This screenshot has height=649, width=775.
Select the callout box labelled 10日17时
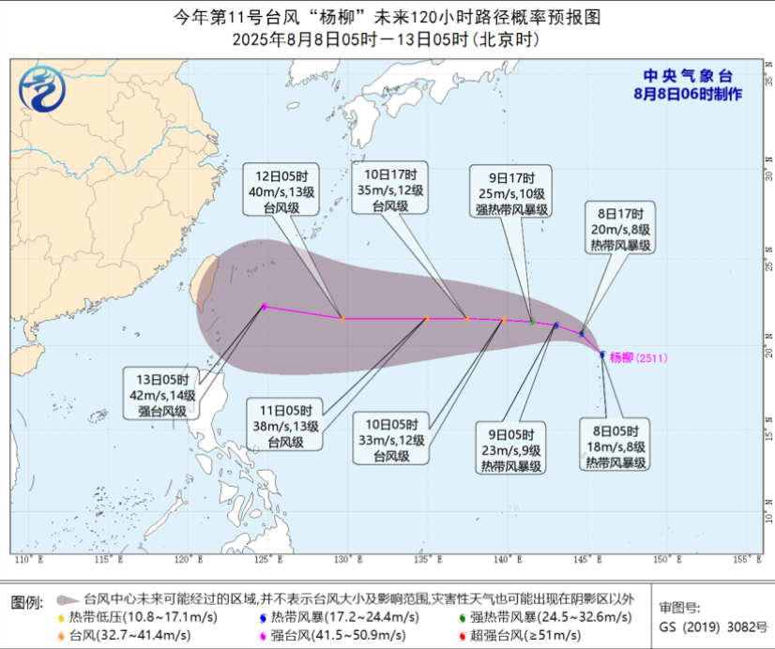tap(390, 190)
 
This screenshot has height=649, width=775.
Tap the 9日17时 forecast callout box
tap(511, 194)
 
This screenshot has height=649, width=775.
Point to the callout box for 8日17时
tap(620, 228)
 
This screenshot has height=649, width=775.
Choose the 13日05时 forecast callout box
tap(163, 395)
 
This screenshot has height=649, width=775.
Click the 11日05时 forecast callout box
tap(284, 424)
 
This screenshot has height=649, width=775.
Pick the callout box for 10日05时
tap(391, 438)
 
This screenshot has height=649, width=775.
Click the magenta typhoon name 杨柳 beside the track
tap(621, 357)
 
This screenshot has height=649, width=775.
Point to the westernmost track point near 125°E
tap(265, 307)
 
